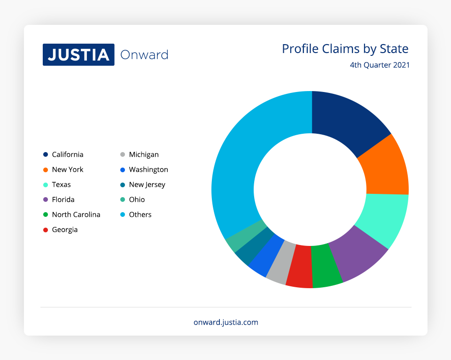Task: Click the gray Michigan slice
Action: [x=281, y=262]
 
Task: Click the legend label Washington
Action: [x=148, y=170]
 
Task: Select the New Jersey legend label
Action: [x=147, y=185]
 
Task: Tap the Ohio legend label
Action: [x=137, y=199]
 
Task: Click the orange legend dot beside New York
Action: [x=46, y=170]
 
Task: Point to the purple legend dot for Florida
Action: [x=46, y=199]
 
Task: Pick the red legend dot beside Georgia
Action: [x=46, y=230]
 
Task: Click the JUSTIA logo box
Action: [x=78, y=54]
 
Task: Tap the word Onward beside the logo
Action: [x=144, y=55]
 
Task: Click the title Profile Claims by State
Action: [x=345, y=49]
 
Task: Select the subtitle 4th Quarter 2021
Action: [x=380, y=65]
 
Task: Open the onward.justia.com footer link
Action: [x=226, y=322]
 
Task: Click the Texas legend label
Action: [x=61, y=184]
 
